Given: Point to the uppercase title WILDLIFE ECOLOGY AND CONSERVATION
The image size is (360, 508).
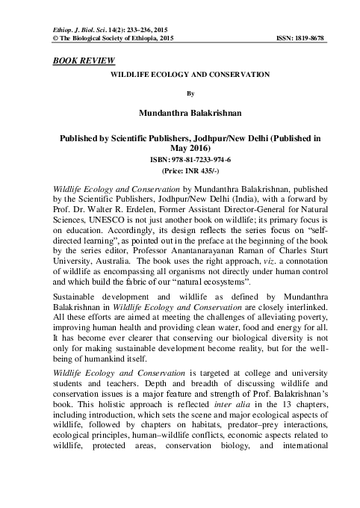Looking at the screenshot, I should click(180, 77).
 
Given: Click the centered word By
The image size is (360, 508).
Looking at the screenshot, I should click(180, 95).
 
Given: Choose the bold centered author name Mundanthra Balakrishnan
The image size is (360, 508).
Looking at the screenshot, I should click(180, 114).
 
